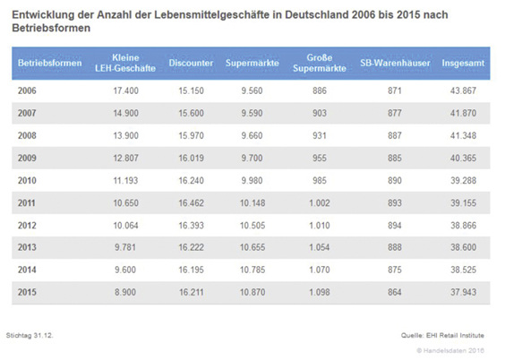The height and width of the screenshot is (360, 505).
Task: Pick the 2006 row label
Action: [x=28, y=91]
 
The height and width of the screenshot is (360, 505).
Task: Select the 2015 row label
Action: [x=28, y=293]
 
